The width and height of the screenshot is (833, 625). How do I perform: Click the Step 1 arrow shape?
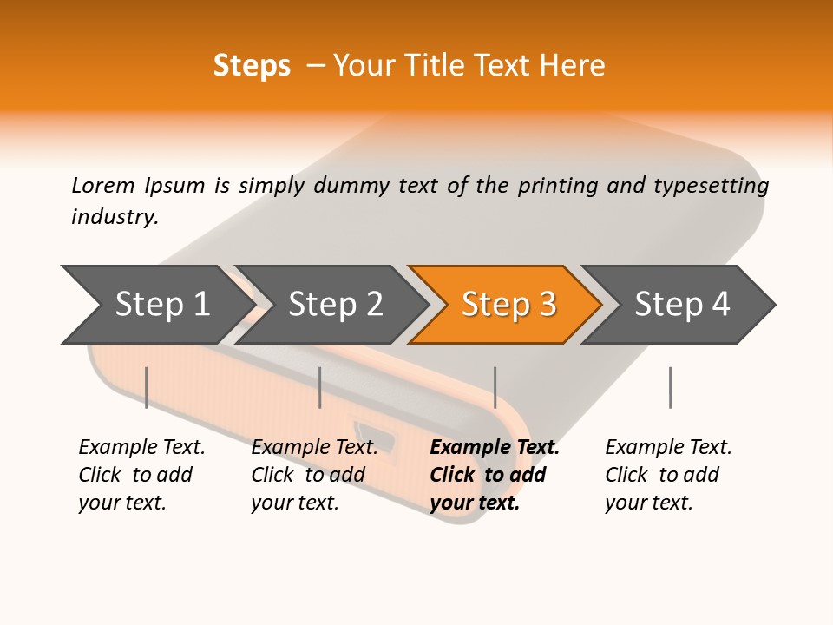161,305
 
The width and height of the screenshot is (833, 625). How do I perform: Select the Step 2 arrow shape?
335,305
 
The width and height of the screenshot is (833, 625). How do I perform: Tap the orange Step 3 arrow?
508,305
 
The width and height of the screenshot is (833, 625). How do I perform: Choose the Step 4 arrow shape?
682,305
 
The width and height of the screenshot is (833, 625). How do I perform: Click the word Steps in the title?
252,66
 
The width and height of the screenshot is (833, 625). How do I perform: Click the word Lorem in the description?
102,186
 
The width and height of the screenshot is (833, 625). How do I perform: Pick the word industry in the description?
114,217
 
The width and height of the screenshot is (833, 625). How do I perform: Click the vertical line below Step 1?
147,387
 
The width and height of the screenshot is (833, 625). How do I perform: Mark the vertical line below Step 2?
320,387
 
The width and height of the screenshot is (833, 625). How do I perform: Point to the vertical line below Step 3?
495,387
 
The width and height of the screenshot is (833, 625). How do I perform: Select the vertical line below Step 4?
670,387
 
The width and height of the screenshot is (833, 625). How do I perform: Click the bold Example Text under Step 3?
495,448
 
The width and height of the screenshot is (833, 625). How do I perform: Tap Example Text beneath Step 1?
141,448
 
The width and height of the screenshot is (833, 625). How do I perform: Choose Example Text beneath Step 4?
668,448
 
